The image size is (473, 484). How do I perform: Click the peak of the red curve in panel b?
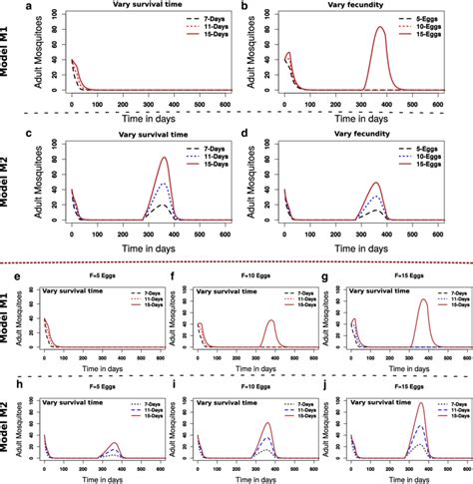click(379, 28)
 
